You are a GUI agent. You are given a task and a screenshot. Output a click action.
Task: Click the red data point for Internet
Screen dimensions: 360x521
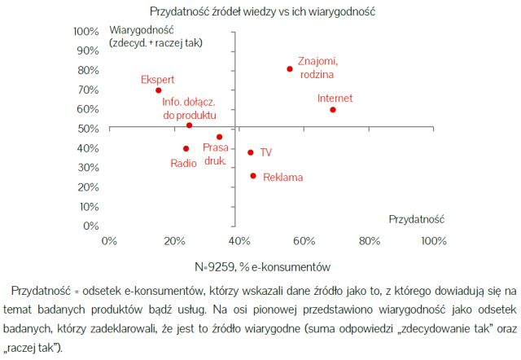(x=333, y=110)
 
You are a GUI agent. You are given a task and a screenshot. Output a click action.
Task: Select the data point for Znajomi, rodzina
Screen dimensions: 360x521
(x=290, y=69)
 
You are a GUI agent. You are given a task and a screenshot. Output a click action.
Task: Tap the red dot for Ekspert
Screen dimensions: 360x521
(x=158, y=90)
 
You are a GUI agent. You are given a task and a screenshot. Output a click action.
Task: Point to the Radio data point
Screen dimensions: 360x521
(x=186, y=149)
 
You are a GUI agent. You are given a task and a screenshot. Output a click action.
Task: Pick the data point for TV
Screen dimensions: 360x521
(x=251, y=152)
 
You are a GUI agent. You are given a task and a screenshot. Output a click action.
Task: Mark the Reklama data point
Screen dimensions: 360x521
(x=253, y=176)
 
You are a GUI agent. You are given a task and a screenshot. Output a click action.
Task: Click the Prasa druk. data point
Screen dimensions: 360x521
(x=219, y=137)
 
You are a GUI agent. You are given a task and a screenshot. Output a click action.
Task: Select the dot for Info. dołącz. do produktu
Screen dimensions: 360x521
(x=190, y=125)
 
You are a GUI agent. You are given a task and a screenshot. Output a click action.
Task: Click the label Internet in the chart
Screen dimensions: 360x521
(x=335, y=99)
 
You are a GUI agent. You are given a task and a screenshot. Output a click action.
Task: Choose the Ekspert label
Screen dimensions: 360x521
(x=157, y=79)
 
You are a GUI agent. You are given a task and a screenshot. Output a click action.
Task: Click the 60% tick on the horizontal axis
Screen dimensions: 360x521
(x=304, y=241)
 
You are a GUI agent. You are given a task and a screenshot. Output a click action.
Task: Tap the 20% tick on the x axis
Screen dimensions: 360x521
(x=174, y=241)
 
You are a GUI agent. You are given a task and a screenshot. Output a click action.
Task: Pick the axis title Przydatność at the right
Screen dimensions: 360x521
(x=416, y=219)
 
